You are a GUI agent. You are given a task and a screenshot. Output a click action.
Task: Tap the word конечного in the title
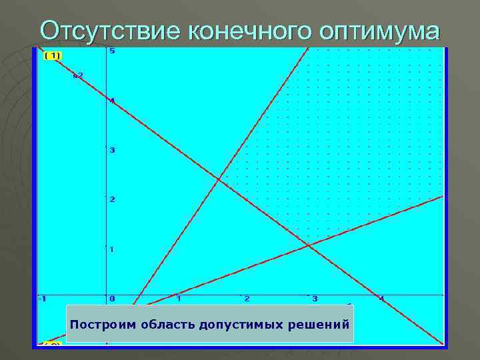pos(251,30)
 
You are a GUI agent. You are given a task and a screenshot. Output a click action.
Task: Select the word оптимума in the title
pos(380,30)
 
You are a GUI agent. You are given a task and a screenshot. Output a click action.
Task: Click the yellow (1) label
pos(52,55)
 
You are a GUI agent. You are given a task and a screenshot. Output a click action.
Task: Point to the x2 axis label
pos(78,75)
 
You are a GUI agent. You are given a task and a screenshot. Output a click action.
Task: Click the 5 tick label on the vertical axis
pos(113,51)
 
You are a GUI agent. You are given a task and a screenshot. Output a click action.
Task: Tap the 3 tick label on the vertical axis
pos(113,150)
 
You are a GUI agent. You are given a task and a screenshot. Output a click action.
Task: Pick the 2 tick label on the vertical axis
pos(113,200)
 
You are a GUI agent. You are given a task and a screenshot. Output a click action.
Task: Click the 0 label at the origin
pos(113,299)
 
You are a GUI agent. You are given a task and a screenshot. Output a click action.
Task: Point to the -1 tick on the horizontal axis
pos(42,299)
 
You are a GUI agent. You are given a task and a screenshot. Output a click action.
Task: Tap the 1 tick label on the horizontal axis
pos(179,299)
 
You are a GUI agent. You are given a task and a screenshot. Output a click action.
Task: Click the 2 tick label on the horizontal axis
pos(247,299)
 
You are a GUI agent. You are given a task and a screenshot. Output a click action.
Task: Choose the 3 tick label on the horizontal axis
pos(315,299)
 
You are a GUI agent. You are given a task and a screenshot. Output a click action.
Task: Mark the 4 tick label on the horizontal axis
pos(382,299)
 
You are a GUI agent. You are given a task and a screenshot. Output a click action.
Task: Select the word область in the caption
pos(163,325)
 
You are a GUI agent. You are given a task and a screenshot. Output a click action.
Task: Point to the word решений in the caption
pos(315,325)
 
